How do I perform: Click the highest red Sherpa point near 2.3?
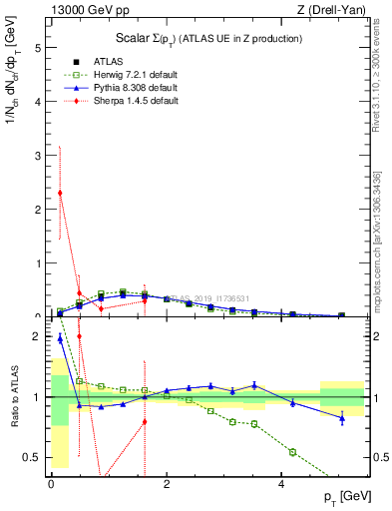pos(60,193)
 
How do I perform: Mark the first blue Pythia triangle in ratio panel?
pos(60,338)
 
